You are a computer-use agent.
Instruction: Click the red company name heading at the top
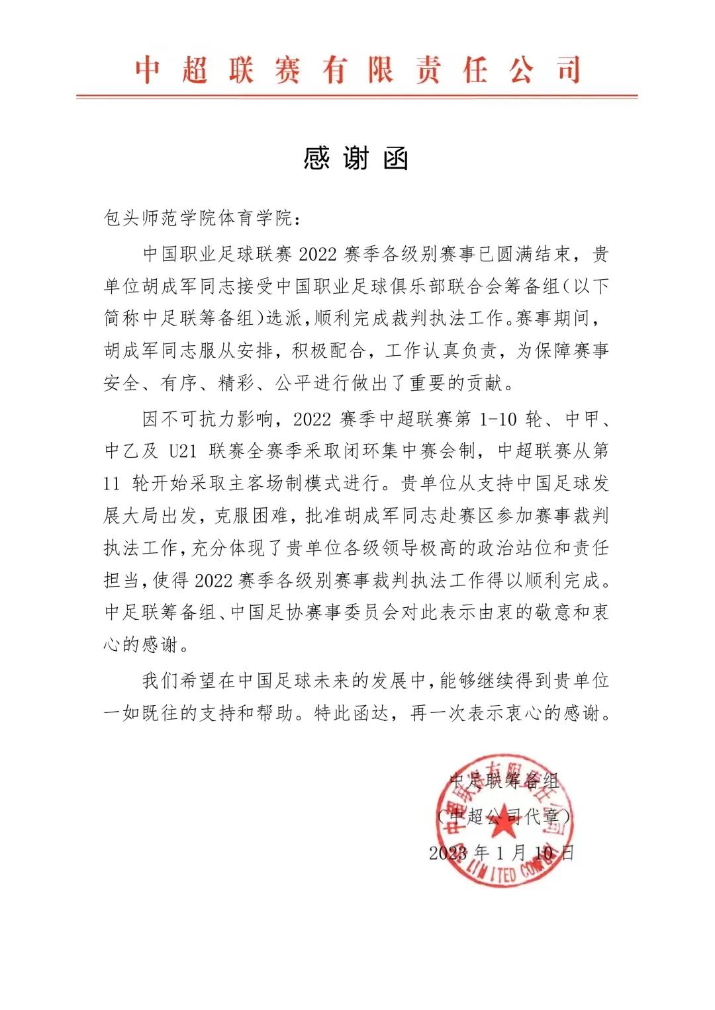point(358,69)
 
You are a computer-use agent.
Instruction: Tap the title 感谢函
point(356,159)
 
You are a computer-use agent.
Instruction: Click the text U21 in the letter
point(183,451)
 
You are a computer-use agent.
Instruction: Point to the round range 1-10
point(498,419)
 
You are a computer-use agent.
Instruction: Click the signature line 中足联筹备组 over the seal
point(504,781)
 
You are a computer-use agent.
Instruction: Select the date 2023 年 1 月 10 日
point(501,853)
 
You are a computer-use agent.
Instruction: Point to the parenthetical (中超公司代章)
point(503,817)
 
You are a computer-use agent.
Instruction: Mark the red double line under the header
point(357,97)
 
